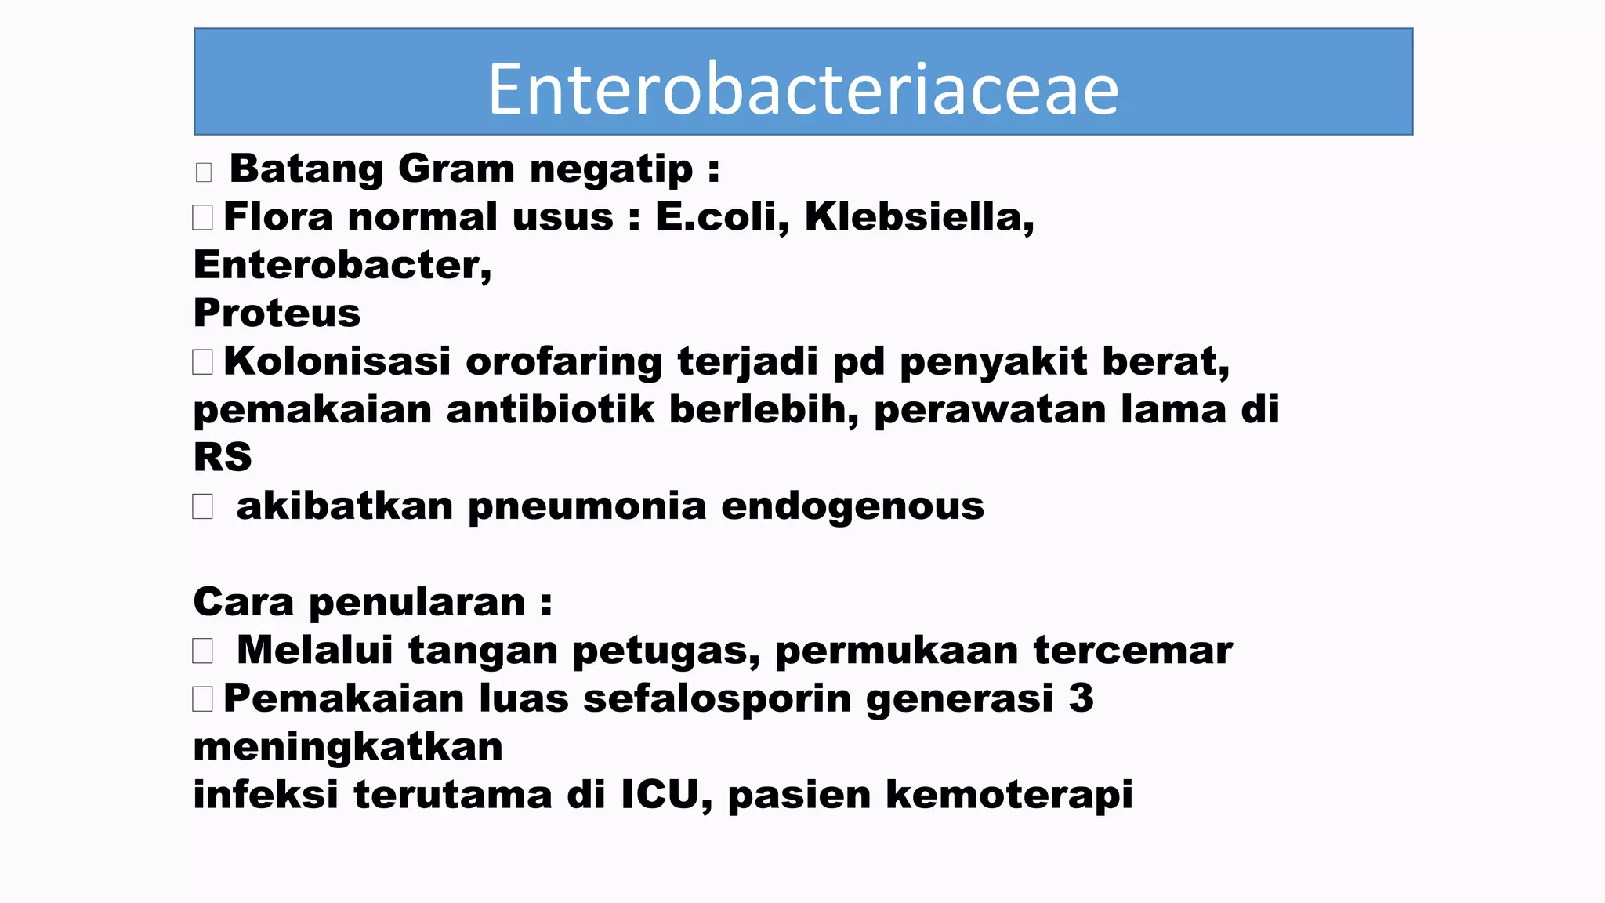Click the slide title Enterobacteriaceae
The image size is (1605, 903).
click(803, 89)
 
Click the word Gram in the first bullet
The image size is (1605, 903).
click(455, 169)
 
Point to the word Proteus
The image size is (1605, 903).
click(277, 314)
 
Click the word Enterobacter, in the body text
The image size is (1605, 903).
click(342, 266)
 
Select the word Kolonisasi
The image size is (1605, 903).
click(337, 362)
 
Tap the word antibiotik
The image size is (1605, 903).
click(549, 410)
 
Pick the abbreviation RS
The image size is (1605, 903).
click(223, 458)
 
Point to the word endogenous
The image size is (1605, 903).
click(852, 506)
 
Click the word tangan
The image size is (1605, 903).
click(482, 651)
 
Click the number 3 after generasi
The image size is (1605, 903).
click(1081, 698)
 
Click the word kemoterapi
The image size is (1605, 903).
click(1009, 795)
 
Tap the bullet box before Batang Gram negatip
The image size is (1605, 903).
click(204, 172)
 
